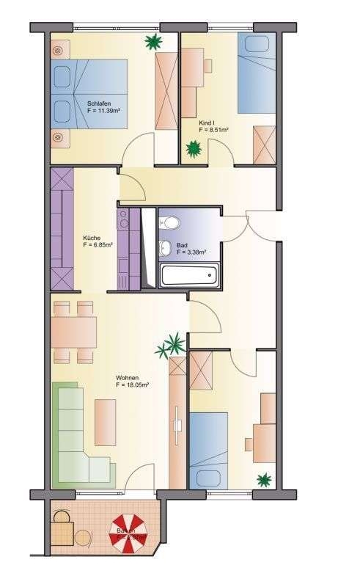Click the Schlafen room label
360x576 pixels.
click(98, 103)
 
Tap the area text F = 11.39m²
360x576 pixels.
click(103, 112)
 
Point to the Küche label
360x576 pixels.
click(92, 238)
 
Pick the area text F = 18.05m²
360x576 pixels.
click(133, 384)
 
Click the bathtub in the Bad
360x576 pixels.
click(189, 276)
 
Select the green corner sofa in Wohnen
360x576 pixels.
click(77, 440)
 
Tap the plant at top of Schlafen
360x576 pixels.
click(153, 42)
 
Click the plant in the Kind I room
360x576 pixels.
click(194, 150)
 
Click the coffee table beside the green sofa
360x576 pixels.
click(105, 422)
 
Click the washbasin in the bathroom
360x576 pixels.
click(166, 248)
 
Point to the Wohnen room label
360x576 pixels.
click(127, 377)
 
